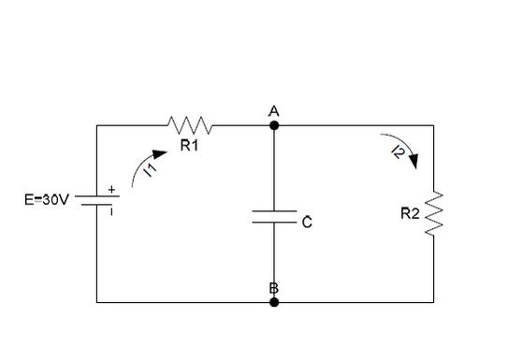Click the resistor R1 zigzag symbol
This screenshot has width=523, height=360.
189,125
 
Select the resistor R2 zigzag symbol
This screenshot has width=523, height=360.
434,213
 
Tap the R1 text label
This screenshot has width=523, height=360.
189,145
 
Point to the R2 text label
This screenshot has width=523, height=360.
410,213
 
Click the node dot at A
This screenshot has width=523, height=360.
274,125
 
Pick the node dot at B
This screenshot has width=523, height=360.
274,302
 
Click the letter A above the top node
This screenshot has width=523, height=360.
274,111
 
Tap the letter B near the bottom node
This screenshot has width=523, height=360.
274,288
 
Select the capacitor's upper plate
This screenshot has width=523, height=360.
274,211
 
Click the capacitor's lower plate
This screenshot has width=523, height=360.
274,222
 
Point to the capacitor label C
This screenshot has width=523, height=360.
307,223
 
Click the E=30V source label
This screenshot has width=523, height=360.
47,200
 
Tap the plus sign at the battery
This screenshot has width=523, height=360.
111,190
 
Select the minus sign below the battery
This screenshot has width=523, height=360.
111,211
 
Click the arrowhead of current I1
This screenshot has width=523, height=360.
159,154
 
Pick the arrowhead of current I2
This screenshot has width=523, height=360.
414,162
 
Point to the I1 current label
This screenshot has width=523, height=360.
151,171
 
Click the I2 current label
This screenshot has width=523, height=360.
399,152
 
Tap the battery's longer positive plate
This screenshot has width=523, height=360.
97,196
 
